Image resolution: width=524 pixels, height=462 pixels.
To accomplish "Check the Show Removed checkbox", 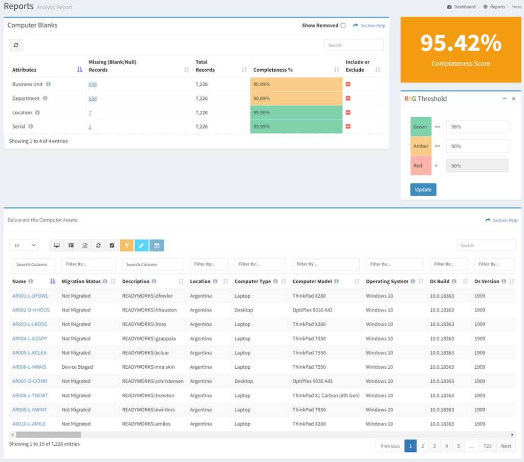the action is click(x=343, y=26).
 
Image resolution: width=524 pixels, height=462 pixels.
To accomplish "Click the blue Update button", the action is click(x=423, y=190).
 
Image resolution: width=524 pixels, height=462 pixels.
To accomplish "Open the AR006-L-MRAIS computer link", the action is click(x=29, y=367).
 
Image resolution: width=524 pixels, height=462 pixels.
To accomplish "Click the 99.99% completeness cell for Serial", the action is click(x=296, y=127).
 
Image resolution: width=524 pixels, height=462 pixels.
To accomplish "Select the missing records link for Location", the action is click(x=90, y=113).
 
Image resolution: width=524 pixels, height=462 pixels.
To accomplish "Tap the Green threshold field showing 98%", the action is click(x=477, y=127).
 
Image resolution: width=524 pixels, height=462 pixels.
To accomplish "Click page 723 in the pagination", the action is click(x=487, y=446).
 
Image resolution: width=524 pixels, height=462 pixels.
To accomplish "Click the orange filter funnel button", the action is click(x=127, y=245).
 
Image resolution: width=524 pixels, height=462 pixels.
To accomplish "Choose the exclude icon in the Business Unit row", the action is click(x=348, y=85).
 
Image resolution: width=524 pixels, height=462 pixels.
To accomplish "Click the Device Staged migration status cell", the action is click(x=77, y=367).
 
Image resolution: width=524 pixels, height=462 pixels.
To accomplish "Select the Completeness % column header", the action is click(x=273, y=70).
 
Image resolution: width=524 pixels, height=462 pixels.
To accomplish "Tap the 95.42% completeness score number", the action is click(x=461, y=43).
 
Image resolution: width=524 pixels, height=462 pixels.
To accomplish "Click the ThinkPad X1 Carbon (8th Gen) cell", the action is click(x=326, y=395).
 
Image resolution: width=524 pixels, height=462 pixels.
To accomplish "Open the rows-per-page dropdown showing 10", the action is click(x=24, y=245).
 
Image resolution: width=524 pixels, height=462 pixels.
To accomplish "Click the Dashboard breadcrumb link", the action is click(x=465, y=7).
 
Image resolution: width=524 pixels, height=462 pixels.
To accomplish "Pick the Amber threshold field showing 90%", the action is click(x=477, y=146).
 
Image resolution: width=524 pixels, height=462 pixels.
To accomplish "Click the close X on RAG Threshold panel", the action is click(x=514, y=99).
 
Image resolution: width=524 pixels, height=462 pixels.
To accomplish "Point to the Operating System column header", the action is click(x=387, y=281).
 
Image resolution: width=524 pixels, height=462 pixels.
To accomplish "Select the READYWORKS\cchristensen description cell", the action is click(x=152, y=381).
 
